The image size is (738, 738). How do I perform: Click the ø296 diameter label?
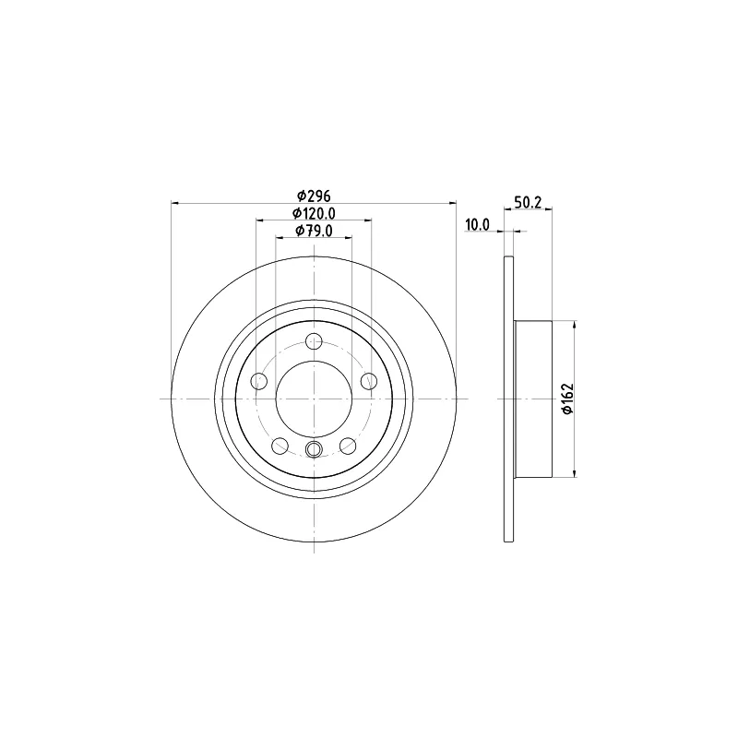pyautogui.click(x=314, y=195)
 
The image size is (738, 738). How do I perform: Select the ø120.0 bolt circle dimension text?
pyautogui.click(x=314, y=214)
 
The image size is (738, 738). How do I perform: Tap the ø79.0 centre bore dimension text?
pyautogui.click(x=314, y=231)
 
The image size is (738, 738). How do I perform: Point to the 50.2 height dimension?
pyautogui.click(x=528, y=202)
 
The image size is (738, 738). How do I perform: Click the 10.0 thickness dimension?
pyautogui.click(x=477, y=225)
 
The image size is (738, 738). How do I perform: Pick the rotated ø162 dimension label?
pyautogui.click(x=568, y=399)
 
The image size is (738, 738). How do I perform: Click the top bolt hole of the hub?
pyautogui.click(x=314, y=340)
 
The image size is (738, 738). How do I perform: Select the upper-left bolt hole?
pyautogui.click(x=259, y=381)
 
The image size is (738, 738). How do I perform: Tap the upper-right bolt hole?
pyautogui.click(x=369, y=381)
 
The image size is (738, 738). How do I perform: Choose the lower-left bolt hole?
pyautogui.click(x=280, y=446)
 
